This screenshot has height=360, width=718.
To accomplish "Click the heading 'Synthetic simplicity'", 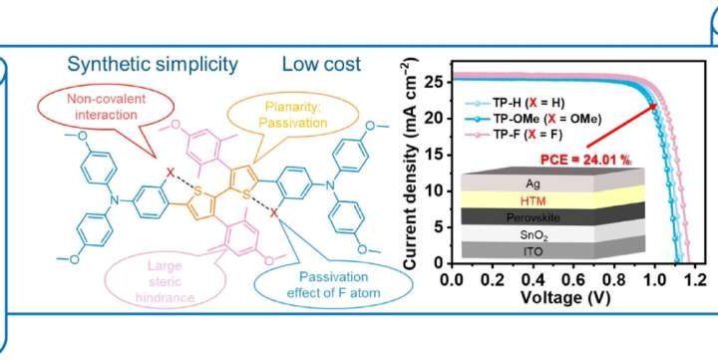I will pyautogui.click(x=153, y=65).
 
